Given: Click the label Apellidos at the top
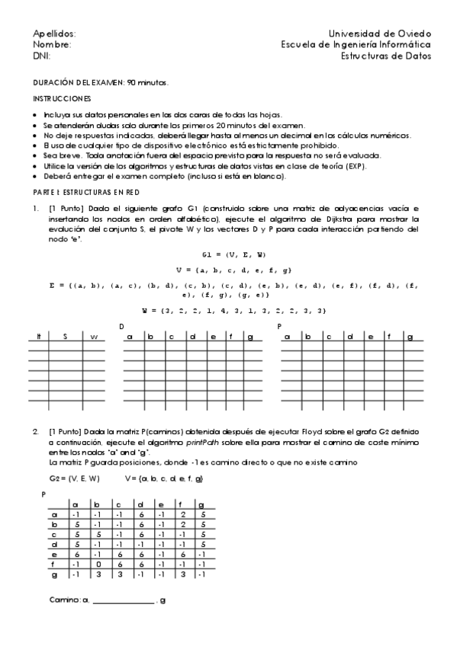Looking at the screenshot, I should [x=54, y=34].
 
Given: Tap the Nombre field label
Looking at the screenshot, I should [x=52, y=45].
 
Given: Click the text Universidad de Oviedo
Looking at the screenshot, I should [x=379, y=34].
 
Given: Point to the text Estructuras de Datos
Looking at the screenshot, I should [x=385, y=56].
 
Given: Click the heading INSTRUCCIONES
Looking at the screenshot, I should [x=62, y=99].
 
